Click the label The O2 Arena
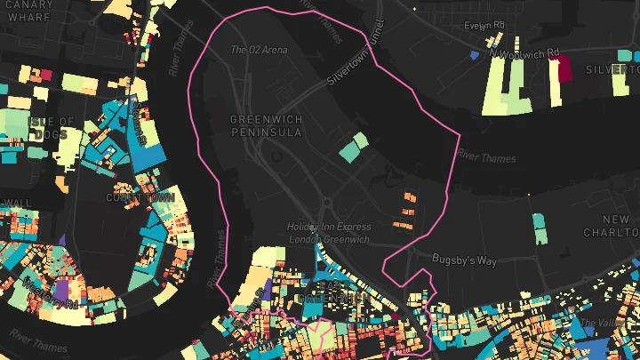(x=259, y=50)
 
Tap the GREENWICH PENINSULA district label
(x=265, y=125)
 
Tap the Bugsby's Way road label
(x=463, y=260)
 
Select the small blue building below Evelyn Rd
(x=472, y=56)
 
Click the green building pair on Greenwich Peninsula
(x=353, y=147)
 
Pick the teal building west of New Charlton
(x=540, y=226)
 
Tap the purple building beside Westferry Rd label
(x=62, y=291)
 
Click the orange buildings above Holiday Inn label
(x=408, y=206)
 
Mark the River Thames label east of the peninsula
(x=485, y=157)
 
